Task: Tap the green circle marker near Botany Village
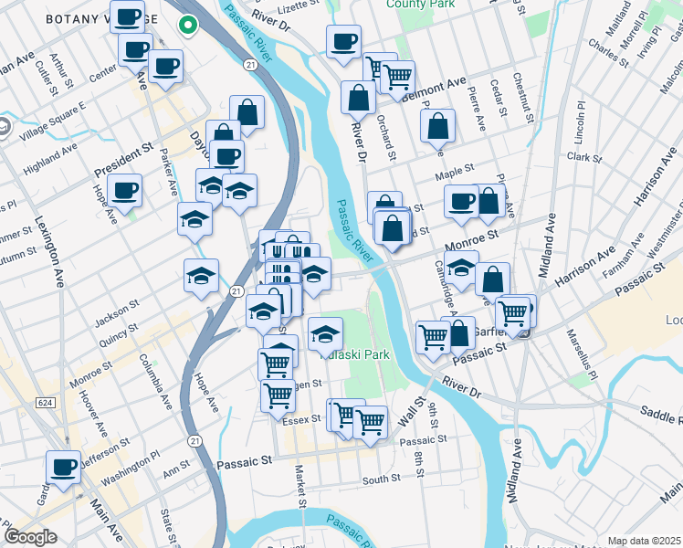188,26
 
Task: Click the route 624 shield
45,403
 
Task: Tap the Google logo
30,537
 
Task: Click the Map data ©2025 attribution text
644,541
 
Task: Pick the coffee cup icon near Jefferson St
64,467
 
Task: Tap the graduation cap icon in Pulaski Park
325,335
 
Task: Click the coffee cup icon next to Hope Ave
124,190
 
